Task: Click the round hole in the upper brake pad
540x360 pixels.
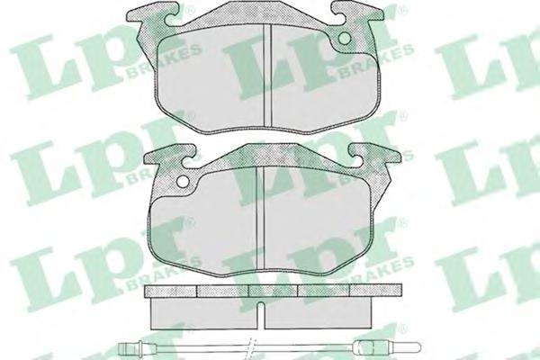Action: [x=345, y=39]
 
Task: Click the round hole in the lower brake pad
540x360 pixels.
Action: [x=183, y=181]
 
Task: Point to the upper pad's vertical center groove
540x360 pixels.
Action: [x=267, y=75]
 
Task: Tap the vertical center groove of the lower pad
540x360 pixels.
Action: [x=260, y=217]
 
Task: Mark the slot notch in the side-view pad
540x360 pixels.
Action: [x=261, y=314]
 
